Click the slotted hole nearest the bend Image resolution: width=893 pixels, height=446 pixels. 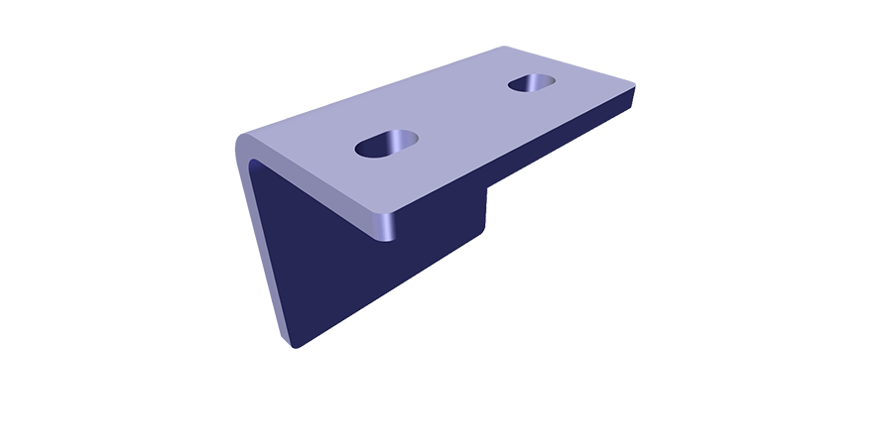click(387, 145)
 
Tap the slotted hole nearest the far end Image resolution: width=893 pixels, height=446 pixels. click(533, 83)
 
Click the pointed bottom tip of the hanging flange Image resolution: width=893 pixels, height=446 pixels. click(295, 344)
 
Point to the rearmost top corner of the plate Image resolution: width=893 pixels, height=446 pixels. click(506, 49)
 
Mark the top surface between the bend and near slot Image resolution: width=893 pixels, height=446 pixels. click(308, 149)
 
